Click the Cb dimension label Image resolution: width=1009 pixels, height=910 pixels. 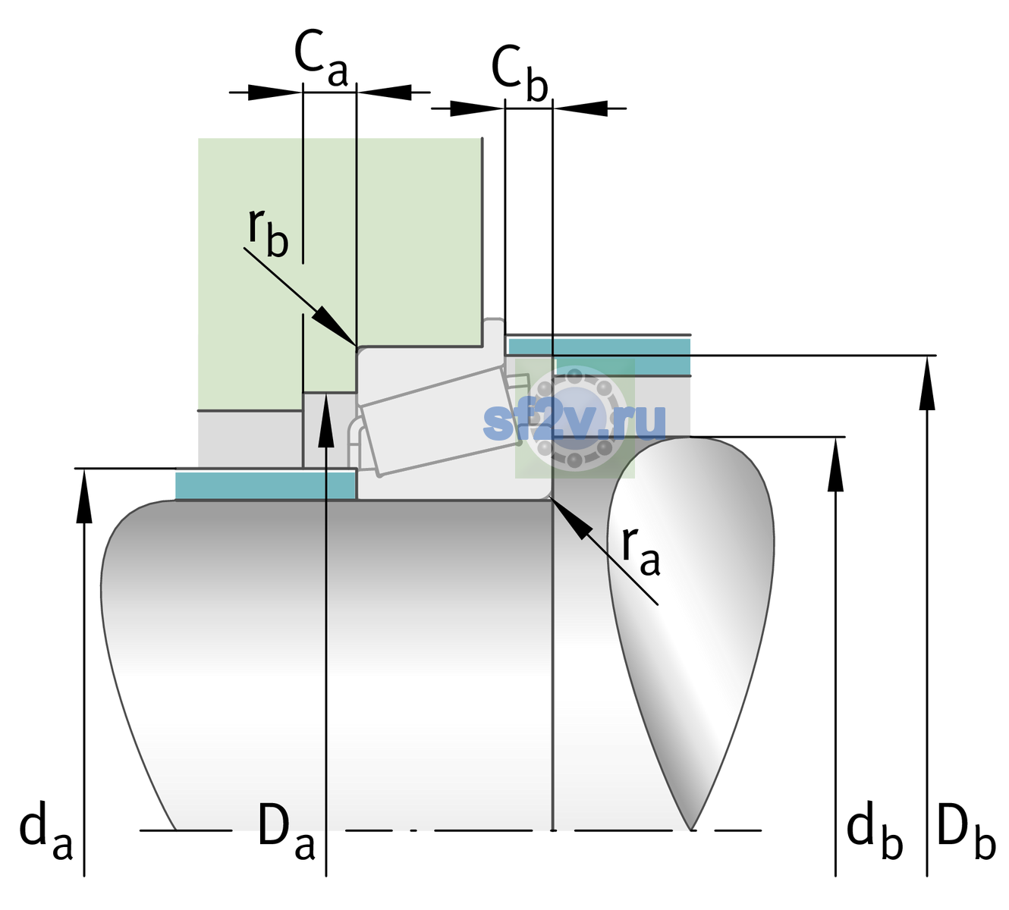click(519, 74)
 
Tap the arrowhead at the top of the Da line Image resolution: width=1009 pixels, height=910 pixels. click(326, 420)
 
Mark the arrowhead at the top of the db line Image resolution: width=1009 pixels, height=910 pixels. click(835, 463)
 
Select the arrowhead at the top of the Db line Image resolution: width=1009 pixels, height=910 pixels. click(927, 383)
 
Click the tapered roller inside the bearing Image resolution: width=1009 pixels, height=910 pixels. click(442, 420)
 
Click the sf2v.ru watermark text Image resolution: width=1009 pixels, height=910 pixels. click(574, 422)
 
